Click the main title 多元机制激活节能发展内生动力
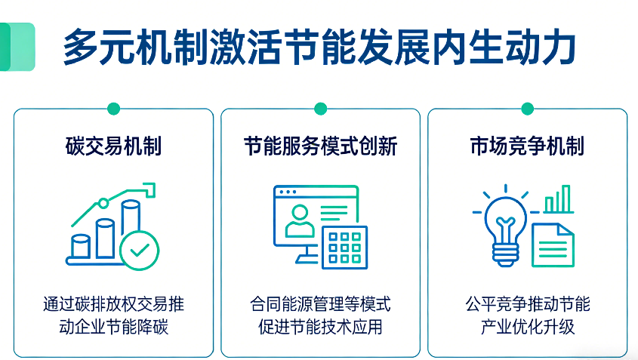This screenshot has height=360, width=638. click(x=319, y=48)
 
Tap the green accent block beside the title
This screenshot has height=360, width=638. click(x=17, y=47)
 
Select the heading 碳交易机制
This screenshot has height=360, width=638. click(x=113, y=146)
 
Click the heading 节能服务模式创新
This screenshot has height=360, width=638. click(x=321, y=146)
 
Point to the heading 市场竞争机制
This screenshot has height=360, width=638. click(x=527, y=146)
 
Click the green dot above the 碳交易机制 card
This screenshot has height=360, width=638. click(x=113, y=109)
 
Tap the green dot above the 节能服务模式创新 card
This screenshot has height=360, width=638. click(x=321, y=109)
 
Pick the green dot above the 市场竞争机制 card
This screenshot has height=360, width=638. click(x=527, y=109)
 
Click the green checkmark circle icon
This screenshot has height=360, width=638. click(x=140, y=251)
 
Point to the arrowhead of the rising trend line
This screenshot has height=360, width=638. click(x=149, y=189)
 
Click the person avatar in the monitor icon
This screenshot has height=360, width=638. click(x=300, y=221)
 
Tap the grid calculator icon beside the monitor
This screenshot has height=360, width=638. click(x=344, y=248)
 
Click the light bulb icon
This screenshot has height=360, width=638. click(x=505, y=228)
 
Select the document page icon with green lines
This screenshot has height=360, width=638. click(x=553, y=245)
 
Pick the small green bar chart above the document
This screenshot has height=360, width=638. click(x=559, y=199)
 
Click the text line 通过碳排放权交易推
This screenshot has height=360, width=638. click(x=113, y=304)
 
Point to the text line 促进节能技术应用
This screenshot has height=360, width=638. click(x=321, y=327)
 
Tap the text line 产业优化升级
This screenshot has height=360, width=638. click(x=527, y=327)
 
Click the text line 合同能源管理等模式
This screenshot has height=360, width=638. click(x=321, y=304)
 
